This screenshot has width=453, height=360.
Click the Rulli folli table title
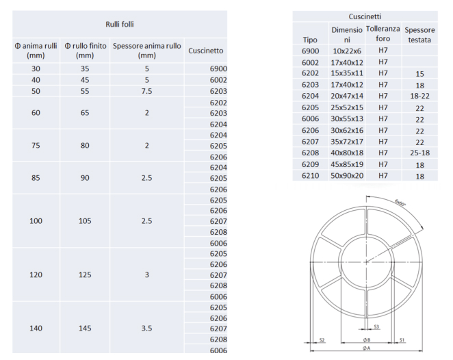point(120,24)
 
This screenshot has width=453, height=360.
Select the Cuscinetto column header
point(206,51)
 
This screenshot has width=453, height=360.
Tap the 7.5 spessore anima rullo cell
point(146,91)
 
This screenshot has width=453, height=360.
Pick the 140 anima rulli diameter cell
point(36,329)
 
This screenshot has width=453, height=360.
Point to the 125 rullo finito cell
point(85,274)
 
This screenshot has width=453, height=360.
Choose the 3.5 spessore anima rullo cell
point(146,329)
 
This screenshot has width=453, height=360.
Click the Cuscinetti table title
point(365,16)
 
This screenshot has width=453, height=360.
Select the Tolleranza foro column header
point(383,34)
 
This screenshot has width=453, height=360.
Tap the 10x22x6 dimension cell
point(347,51)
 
